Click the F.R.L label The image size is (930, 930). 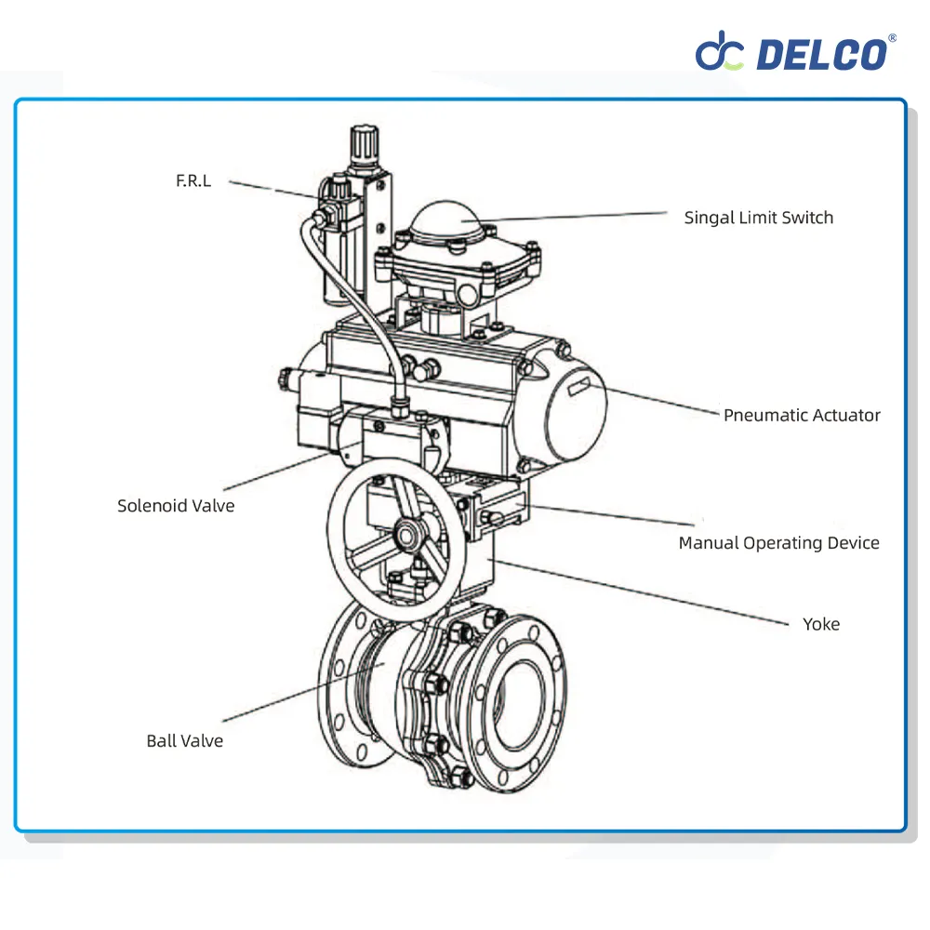(193, 180)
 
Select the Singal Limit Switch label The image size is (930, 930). (758, 218)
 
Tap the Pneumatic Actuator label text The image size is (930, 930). (802, 415)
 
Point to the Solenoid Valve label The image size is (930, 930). (176, 506)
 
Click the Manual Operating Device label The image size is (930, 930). (778, 543)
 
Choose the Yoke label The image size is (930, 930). (821, 624)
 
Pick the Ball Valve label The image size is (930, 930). (184, 741)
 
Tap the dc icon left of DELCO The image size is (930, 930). (721, 53)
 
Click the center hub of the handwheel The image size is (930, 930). (405, 536)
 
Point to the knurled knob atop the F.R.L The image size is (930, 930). (362, 145)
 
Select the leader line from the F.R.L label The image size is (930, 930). (274, 189)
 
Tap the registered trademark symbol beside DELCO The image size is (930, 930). (893, 38)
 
